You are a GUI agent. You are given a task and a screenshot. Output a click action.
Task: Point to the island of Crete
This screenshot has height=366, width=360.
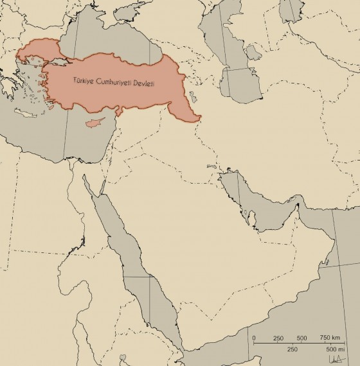click(25, 114)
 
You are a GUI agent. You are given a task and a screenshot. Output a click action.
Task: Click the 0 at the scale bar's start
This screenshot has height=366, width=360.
click(254, 338)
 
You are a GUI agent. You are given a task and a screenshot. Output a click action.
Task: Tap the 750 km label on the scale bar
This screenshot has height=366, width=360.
click(330, 338)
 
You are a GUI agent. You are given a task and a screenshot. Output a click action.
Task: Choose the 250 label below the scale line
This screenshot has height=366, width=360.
click(292, 349)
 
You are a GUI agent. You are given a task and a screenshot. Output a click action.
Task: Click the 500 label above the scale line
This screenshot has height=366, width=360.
click(301, 338)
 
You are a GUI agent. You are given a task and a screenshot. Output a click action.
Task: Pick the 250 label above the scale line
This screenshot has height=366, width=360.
click(278, 338)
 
